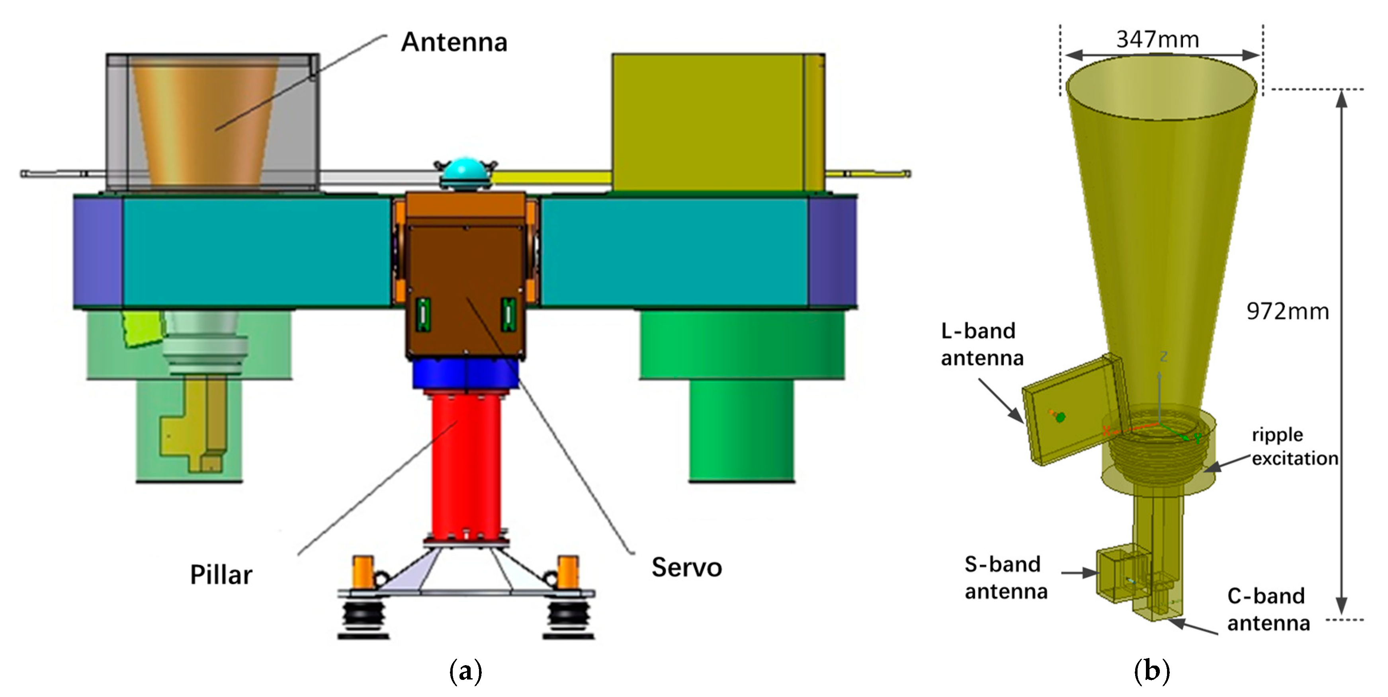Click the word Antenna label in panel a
coord(454,42)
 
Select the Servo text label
coord(686,567)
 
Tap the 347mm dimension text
coord(1157,39)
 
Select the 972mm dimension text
coord(1287,311)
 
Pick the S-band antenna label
coord(1005,578)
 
